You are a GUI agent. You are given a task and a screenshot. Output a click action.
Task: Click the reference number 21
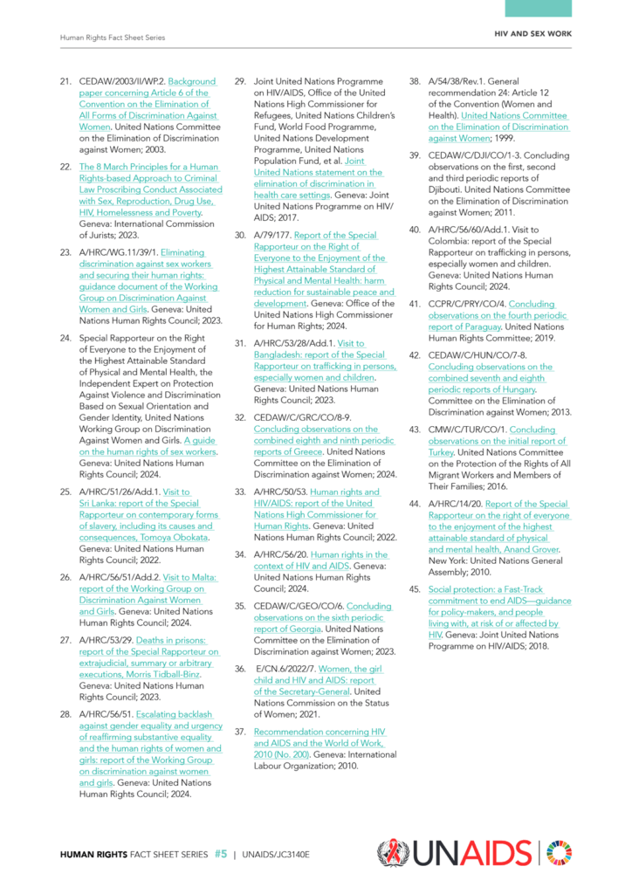tap(65, 81)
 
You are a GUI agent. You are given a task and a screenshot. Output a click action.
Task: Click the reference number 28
tap(65, 713)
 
